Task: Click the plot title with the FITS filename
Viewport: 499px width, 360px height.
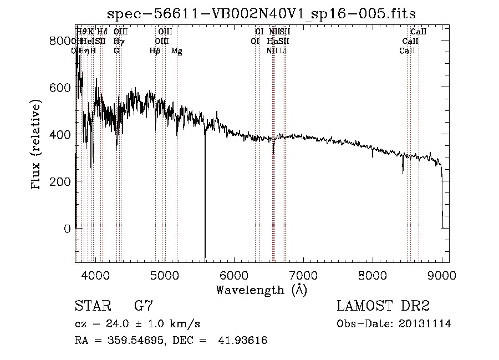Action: (x=262, y=13)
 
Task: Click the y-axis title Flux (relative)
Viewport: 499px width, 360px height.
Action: (x=37, y=145)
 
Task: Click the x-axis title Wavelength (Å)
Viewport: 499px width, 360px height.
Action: (x=262, y=289)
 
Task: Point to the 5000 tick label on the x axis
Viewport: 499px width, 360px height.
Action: (x=165, y=275)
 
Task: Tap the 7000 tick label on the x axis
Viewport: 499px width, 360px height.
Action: (x=303, y=275)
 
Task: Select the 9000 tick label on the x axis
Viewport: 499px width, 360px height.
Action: (x=442, y=275)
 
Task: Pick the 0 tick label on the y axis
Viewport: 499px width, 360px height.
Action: (x=67, y=228)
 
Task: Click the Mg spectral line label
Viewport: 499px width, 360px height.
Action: (x=177, y=51)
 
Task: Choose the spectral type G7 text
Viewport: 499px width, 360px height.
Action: (x=144, y=306)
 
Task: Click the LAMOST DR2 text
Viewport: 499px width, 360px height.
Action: (x=383, y=306)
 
